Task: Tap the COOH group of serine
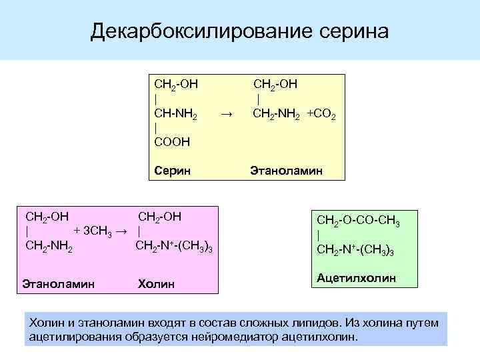coord(172,141)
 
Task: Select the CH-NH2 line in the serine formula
coord(175,114)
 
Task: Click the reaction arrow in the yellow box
coord(226,114)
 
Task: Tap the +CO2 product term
coord(321,114)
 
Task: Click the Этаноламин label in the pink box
coord(58,284)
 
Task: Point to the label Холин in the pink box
coord(156,284)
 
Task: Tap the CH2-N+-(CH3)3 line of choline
coord(174,247)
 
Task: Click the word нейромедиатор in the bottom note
coord(243,336)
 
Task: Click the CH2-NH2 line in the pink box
coord(49,247)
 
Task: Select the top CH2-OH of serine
coord(176,85)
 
